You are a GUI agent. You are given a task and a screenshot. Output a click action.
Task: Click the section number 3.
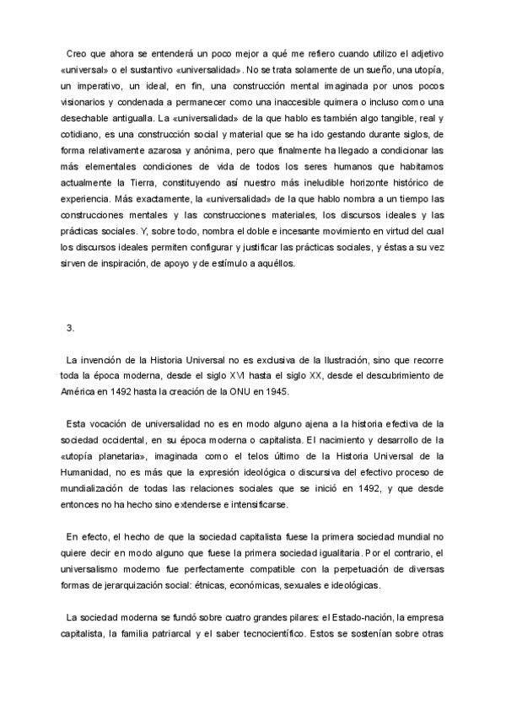[70, 328]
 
